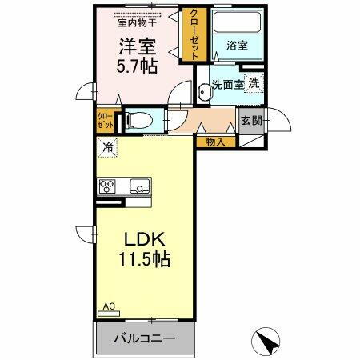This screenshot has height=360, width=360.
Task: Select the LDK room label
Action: tap(143, 239)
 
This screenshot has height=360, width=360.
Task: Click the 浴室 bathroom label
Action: tap(237, 46)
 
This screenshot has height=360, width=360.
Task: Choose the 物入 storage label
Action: tap(214, 142)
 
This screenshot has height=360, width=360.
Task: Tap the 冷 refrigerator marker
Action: tap(106, 148)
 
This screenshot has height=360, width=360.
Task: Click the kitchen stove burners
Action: tap(107, 186)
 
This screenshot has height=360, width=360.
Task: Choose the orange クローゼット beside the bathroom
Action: tap(194, 34)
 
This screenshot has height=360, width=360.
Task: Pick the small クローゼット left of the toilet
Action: tap(106, 122)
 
